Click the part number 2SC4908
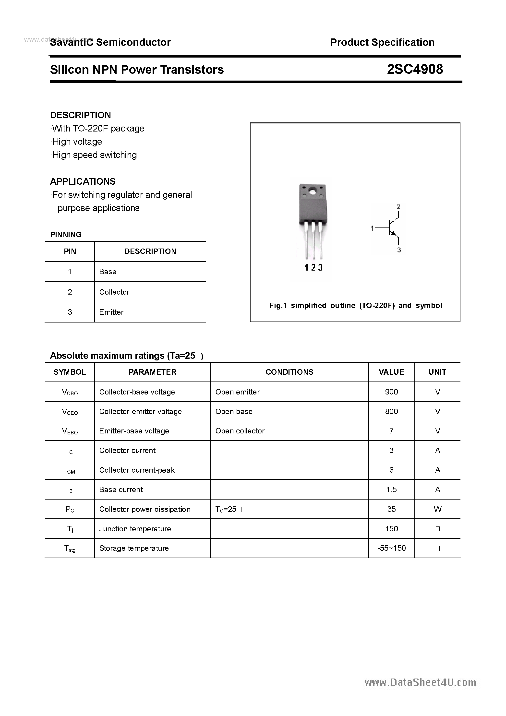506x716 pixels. tap(415, 69)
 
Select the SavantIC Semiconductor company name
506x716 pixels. tap(110, 42)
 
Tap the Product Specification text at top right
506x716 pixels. tap(382, 42)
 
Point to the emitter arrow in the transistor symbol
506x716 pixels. tap(394, 233)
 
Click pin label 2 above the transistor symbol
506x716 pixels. tap(398, 206)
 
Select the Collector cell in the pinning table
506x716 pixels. tap(114, 292)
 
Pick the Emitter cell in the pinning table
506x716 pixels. tap(111, 312)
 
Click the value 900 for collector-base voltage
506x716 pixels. tap(391, 392)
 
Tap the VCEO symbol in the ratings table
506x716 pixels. tap(70, 412)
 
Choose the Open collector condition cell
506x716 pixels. tap(240, 431)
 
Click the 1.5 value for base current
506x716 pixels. tap(391, 489)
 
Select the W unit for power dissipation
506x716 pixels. tap(437, 509)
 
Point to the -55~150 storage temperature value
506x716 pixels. tap(391, 548)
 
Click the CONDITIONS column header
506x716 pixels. tap(289, 372)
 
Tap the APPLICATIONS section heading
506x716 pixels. tap(83, 181)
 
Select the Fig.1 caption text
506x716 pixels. tap(356, 306)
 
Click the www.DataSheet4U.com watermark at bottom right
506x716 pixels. tap(420, 683)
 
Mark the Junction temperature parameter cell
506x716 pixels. tap(135, 529)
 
